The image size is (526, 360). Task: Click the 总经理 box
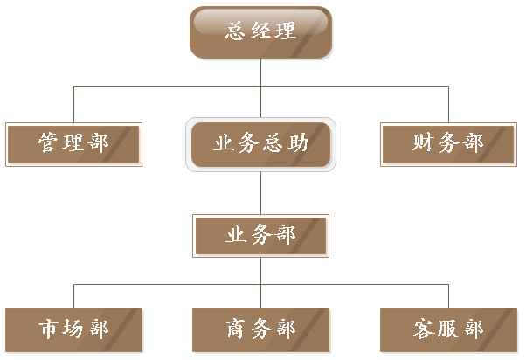(x=261, y=32)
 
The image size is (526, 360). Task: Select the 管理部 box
(x=73, y=143)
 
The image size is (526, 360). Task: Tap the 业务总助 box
(x=260, y=143)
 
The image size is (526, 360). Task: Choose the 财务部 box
(x=447, y=143)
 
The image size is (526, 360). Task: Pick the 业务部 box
(x=260, y=236)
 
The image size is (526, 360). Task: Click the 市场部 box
(x=73, y=329)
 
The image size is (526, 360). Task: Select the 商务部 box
(x=260, y=329)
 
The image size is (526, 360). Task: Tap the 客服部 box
(x=447, y=329)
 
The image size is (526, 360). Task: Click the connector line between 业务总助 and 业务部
(x=260, y=192)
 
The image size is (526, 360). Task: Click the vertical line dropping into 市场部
(x=73, y=295)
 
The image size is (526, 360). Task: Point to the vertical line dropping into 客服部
(x=448, y=295)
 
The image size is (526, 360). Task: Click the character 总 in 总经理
(x=236, y=31)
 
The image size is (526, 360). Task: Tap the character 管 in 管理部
(x=49, y=143)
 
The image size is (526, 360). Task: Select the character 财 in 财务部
(x=424, y=143)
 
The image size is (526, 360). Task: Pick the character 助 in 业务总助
(x=297, y=143)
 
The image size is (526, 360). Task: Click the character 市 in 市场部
(x=49, y=329)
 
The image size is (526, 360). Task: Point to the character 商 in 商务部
(x=236, y=329)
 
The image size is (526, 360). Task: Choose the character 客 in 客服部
(x=424, y=329)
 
